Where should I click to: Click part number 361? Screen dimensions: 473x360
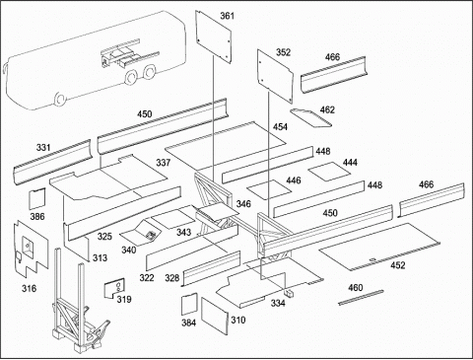pyautogui.click(x=227, y=16)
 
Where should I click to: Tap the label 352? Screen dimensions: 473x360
pyautogui.click(x=283, y=52)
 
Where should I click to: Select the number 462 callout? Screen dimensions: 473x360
pyautogui.click(x=327, y=109)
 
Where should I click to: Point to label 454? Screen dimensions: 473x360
pyautogui.click(x=280, y=127)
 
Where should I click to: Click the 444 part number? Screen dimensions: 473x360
pyautogui.click(x=350, y=163)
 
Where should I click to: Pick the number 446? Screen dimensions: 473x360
pyautogui.click(x=294, y=180)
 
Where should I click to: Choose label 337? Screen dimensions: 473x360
pyautogui.click(x=164, y=163)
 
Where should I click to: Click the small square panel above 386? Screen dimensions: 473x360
pyautogui.click(x=36, y=198)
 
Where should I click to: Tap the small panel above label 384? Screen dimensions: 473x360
pyautogui.click(x=189, y=304)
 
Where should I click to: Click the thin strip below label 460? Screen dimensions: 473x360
pyautogui.click(x=361, y=297)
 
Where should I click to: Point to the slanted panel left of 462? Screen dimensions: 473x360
pyautogui.click(x=310, y=117)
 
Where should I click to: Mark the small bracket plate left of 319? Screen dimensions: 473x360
pyautogui.click(x=114, y=288)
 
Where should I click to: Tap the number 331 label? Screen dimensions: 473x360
pyautogui.click(x=43, y=148)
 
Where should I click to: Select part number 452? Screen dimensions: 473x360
pyautogui.click(x=398, y=265)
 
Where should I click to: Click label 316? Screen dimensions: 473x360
pyautogui.click(x=29, y=289)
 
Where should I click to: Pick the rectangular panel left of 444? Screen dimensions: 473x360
pyautogui.click(x=269, y=189)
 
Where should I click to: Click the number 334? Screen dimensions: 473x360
pyautogui.click(x=278, y=304)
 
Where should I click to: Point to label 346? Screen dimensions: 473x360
pyautogui.click(x=243, y=204)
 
